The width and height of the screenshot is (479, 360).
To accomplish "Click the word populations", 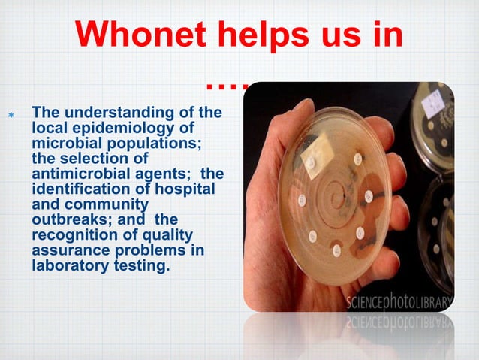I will tap(157, 142).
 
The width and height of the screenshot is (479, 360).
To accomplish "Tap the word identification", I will tap(83, 187).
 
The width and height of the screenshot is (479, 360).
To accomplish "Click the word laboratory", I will tap(69, 264).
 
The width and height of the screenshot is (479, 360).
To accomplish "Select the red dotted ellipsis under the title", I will tap(226, 87).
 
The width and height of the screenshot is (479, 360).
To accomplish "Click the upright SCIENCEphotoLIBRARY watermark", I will tap(399, 302).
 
